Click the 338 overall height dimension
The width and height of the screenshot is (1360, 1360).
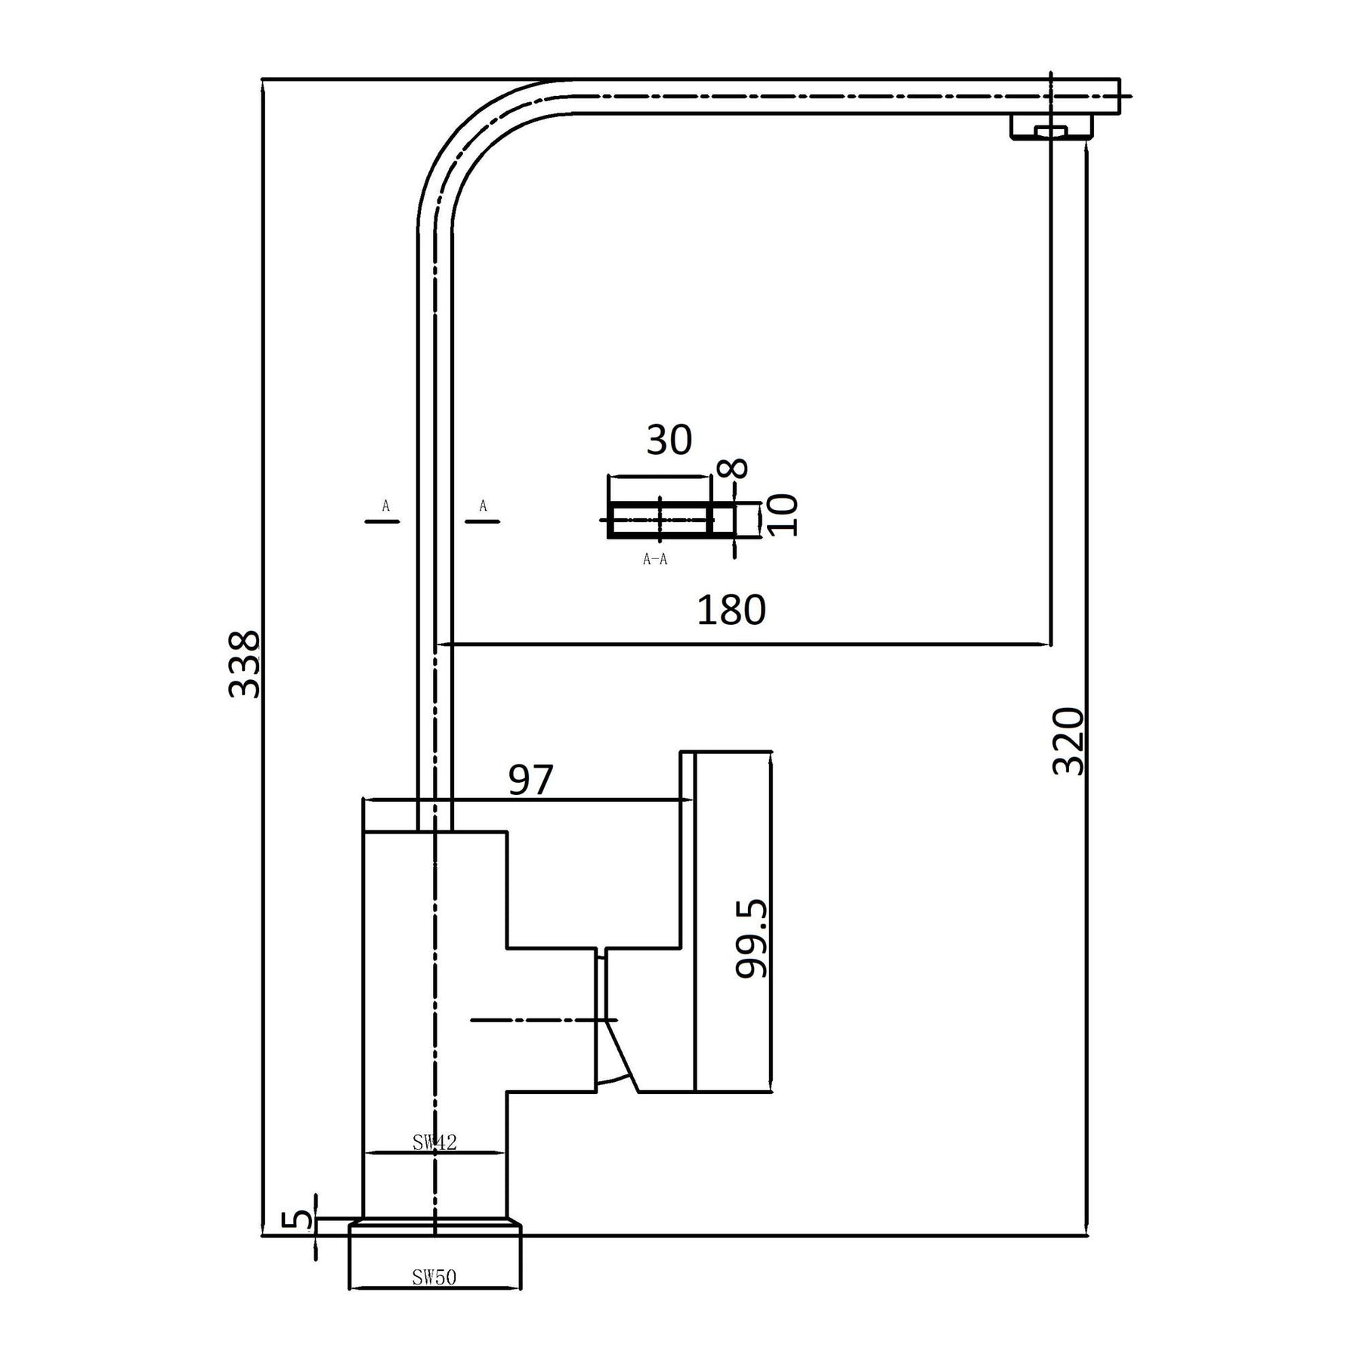tap(244, 664)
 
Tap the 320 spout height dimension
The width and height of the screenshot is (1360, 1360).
tap(1069, 741)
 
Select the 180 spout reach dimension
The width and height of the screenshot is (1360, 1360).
tap(731, 610)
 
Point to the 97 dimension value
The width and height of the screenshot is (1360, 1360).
tap(530, 780)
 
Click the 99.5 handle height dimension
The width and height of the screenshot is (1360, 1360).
tap(752, 938)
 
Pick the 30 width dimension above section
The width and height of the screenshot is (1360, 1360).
tap(669, 440)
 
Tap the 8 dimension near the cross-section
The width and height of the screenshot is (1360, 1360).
tap(736, 468)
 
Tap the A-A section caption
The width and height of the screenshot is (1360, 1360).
tap(655, 559)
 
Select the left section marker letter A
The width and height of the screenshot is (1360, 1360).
tap(385, 505)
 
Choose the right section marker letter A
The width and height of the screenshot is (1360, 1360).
tap(483, 505)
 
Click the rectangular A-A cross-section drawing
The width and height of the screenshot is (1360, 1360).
tap(660, 520)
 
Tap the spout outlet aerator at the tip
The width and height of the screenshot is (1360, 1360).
tap(1052, 127)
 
